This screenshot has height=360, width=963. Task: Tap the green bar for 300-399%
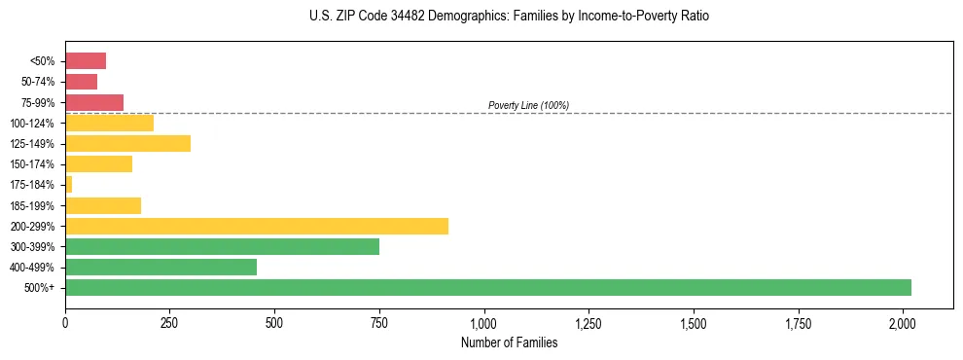[x=222, y=246]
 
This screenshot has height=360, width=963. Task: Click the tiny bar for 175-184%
[x=69, y=184]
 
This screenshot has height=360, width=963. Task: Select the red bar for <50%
[x=86, y=60]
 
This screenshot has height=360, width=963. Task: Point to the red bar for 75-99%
[x=94, y=102]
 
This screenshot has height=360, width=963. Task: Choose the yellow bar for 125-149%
[x=127, y=143]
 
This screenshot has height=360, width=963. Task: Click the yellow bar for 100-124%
[x=109, y=123]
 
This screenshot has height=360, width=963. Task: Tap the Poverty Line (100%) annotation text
[x=528, y=105]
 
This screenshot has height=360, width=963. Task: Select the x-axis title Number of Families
[x=509, y=342]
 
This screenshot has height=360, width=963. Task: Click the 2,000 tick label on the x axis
[x=903, y=321]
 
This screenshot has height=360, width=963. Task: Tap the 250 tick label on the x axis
[x=169, y=321]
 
